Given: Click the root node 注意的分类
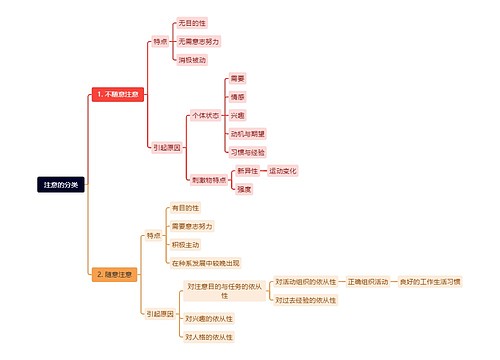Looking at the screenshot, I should (63, 185).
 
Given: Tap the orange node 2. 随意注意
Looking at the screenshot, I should (113, 274).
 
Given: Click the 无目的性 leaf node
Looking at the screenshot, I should (192, 22).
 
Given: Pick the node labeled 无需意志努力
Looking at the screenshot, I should (198, 41).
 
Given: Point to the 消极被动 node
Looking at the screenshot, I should (193, 60).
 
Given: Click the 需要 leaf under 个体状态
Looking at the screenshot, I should (237, 78).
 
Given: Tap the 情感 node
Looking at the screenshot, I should (237, 97).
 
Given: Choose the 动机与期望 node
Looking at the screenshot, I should (247, 133).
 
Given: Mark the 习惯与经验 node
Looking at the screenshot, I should (247, 152).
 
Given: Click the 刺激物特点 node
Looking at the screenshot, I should (207, 179).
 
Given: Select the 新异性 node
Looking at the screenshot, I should (247, 171).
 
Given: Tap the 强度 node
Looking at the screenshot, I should (243, 189).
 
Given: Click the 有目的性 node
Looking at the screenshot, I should (185, 207).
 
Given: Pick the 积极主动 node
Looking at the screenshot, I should (185, 244).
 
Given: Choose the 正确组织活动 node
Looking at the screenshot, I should (368, 282).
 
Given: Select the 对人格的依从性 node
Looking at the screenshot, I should (208, 337).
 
